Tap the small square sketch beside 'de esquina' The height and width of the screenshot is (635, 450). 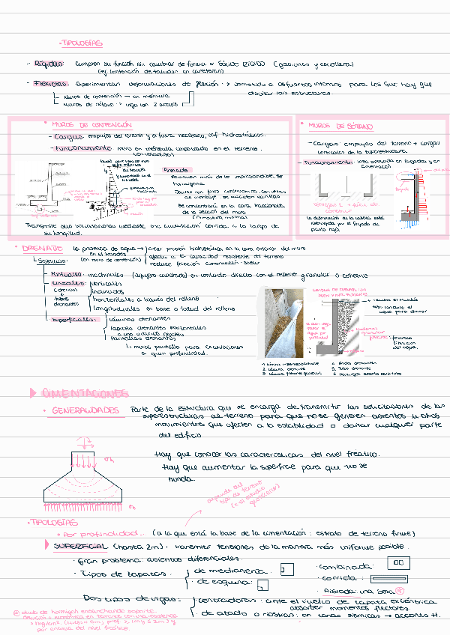(262, 584)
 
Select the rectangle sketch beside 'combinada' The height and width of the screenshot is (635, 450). (402, 562)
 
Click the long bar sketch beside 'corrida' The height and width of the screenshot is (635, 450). (397, 579)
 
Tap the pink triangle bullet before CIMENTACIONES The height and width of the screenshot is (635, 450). (31, 392)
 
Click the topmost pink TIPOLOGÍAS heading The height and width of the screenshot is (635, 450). (82, 43)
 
